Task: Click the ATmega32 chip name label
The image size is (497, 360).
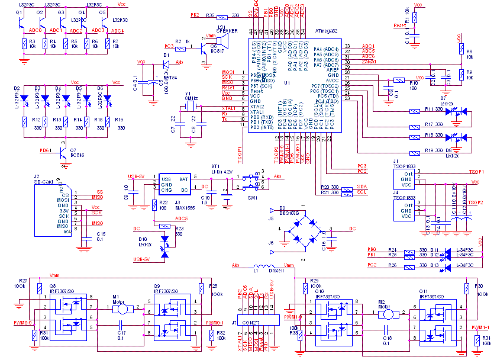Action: [327, 30]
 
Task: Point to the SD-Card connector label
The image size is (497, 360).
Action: [44, 182]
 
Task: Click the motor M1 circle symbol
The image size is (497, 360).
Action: [122, 308]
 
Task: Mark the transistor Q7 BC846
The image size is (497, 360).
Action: [63, 150]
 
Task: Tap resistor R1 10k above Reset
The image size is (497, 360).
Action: [415, 17]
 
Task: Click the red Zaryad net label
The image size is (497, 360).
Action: [369, 62]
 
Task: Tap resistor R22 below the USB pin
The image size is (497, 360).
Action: [154, 205]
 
